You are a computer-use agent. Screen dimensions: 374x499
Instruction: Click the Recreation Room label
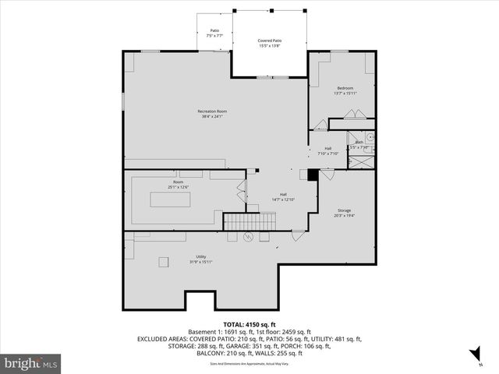click(x=212, y=111)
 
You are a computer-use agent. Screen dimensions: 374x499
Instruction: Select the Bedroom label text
click(x=345, y=88)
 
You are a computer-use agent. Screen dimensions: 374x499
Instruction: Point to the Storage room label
click(x=344, y=210)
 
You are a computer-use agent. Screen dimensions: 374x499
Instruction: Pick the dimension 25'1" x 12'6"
click(x=179, y=187)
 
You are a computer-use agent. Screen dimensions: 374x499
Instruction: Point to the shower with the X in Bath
click(x=361, y=163)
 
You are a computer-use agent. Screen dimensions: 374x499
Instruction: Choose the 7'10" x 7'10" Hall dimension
click(x=327, y=153)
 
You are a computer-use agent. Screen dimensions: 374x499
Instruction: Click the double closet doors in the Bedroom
click(x=352, y=114)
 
